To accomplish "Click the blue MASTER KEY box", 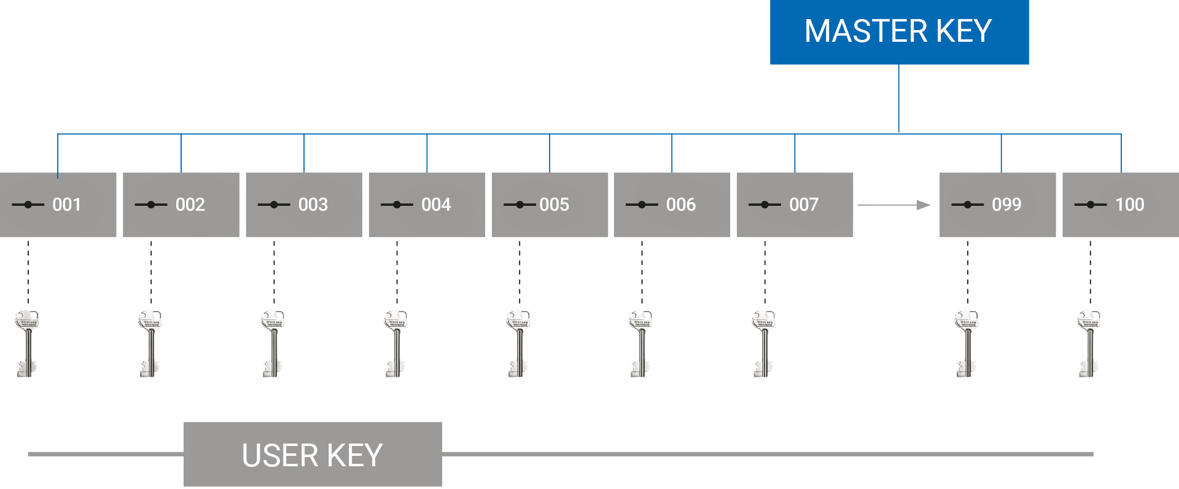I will point(899,32).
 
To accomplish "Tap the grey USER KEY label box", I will point(313,455).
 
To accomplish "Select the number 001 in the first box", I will point(67,205).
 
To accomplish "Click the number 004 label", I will point(436,205).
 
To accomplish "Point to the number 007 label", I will point(804,205).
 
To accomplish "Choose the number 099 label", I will point(1006,205).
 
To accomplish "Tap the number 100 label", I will point(1129,205).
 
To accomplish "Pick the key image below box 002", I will point(151,343).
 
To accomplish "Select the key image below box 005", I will point(519,343).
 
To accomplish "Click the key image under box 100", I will point(1090,343).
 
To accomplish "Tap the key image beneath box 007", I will point(765,343).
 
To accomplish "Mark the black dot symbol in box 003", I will point(274,205).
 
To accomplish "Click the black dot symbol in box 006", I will point(642,205).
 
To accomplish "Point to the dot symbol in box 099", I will point(968,205).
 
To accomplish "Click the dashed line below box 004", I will point(397,272).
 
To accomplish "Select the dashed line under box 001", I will point(28,272).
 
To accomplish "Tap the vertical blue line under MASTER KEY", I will point(898,98).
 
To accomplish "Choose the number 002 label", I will point(190,205).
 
